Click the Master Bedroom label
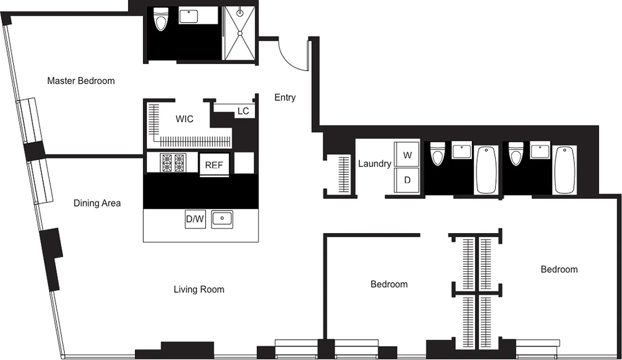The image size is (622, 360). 81,81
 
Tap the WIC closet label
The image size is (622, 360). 185,119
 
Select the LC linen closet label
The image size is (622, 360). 243,111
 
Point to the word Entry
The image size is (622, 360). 285,97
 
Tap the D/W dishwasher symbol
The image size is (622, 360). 195,219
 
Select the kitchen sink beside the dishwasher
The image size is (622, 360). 222,219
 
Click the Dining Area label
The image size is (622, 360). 97,203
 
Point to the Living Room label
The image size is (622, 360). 199,289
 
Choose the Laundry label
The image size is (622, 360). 374,164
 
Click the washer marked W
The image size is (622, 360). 407,155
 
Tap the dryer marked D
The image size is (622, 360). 407,180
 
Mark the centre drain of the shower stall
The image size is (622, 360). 240,33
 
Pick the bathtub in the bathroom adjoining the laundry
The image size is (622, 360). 486,169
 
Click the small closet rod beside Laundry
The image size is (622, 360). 344,175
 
